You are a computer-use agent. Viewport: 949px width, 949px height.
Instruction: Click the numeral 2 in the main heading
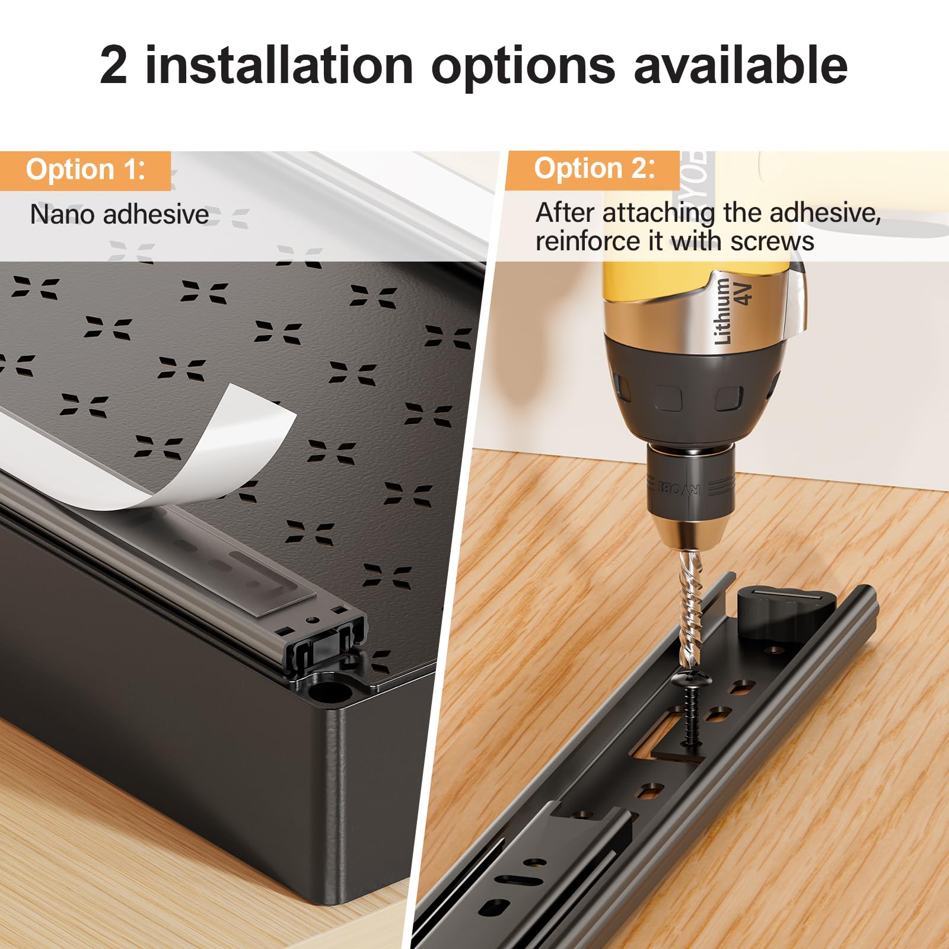click(114, 65)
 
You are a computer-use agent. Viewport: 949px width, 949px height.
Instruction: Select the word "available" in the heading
click(741, 65)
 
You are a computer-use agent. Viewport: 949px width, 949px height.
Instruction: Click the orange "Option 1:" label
click(85, 170)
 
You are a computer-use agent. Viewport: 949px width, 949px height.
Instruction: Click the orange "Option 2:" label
click(593, 169)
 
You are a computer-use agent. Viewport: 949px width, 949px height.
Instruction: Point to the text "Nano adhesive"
click(119, 214)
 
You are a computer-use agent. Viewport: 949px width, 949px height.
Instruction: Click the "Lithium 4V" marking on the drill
click(733, 310)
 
